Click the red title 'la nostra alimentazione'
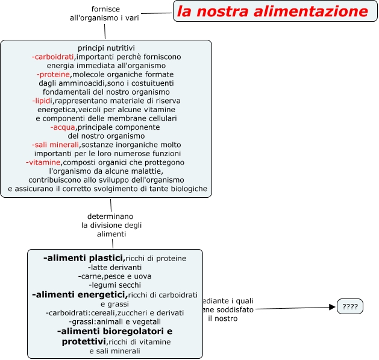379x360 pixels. click(x=272, y=11)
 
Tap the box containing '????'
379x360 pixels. click(x=350, y=306)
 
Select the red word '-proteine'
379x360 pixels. click(x=54, y=74)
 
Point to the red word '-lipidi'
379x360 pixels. click(x=43, y=101)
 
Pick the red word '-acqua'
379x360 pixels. click(x=63, y=127)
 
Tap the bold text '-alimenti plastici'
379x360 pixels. click(x=84, y=257)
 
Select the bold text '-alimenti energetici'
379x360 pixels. click(x=79, y=294)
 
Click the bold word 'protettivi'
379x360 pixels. click(x=84, y=341)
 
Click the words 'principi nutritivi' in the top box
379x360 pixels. click(x=106, y=48)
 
